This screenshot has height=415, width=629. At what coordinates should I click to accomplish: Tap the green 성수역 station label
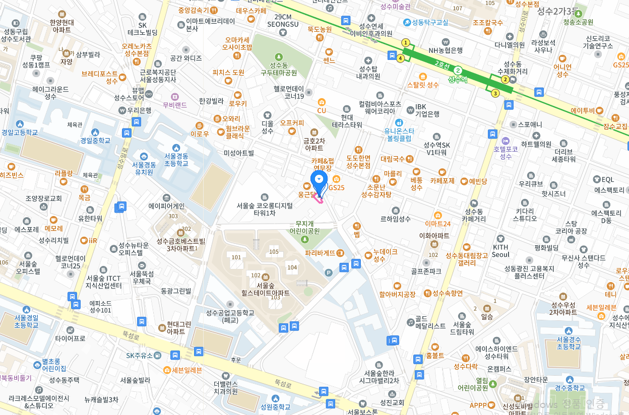tap(458, 79)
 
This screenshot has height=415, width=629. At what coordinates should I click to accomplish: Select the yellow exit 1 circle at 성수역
tap(405, 43)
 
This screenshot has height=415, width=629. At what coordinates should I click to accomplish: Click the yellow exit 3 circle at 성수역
tap(495, 93)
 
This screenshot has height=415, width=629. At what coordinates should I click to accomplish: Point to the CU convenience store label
tap(322, 110)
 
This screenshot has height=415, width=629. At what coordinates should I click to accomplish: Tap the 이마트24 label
tap(437, 223)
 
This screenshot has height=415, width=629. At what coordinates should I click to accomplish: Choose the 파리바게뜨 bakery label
tap(320, 253)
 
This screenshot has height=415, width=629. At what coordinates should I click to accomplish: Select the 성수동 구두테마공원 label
tap(279, 69)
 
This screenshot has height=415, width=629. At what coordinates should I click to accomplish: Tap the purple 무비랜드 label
tap(175, 105)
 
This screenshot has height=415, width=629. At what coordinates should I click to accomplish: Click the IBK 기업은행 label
tap(427, 110)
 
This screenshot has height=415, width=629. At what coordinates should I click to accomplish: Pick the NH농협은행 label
tap(445, 50)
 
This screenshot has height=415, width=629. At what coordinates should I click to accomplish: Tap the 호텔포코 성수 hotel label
tap(506, 153)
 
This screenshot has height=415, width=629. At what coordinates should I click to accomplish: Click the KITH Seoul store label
tap(500, 250)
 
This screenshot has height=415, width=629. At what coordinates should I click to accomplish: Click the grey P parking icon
tap(329, 272)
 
